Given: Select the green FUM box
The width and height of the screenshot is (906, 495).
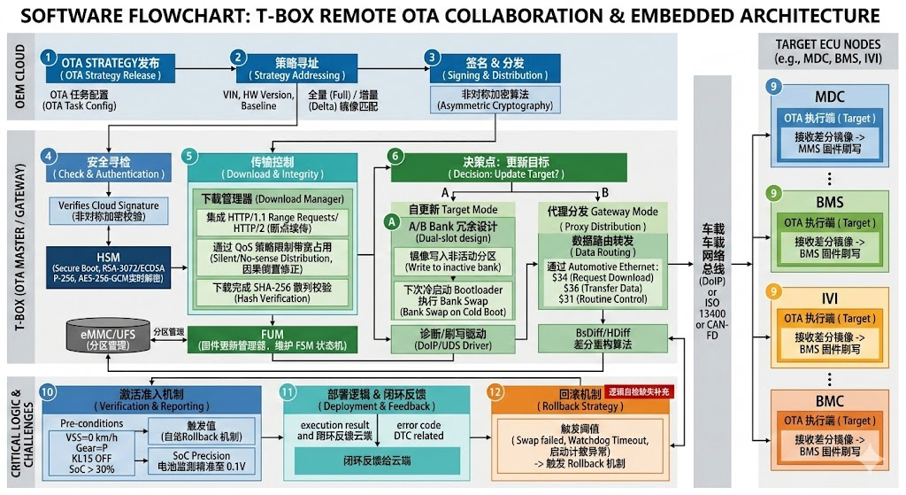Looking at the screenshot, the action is pos(273,337).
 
